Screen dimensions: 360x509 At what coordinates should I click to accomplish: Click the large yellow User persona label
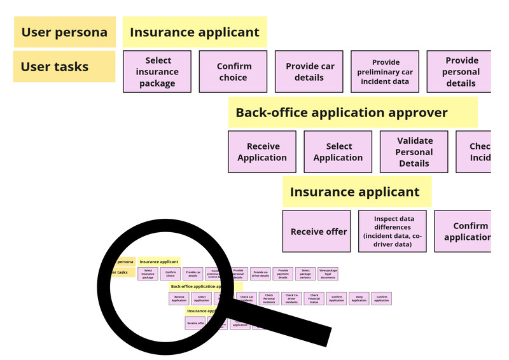point(64,32)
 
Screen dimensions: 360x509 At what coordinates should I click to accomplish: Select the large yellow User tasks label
point(64,66)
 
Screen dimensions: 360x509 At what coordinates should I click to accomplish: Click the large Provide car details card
point(309,72)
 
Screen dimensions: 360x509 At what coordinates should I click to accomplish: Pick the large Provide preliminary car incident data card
point(386,72)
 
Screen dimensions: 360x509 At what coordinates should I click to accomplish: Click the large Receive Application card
point(262,152)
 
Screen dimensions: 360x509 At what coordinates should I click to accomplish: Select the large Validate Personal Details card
point(414,152)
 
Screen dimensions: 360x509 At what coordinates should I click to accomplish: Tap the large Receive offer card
point(316,232)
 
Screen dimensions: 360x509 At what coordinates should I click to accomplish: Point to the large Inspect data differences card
point(392,232)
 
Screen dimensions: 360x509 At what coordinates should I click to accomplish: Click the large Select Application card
point(338,152)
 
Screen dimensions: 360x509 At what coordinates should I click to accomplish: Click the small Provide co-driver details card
point(260,273)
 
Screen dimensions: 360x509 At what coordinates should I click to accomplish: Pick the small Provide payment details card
point(283,273)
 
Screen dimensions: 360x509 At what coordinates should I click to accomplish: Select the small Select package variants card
point(305,273)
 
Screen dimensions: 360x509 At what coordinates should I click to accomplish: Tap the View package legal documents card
point(328,273)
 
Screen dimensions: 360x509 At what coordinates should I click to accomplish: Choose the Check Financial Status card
point(314,298)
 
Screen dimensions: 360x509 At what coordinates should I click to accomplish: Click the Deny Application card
point(359,298)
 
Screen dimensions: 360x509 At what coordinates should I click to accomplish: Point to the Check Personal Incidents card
point(269,298)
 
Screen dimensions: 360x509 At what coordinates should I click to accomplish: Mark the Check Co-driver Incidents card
point(292,298)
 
